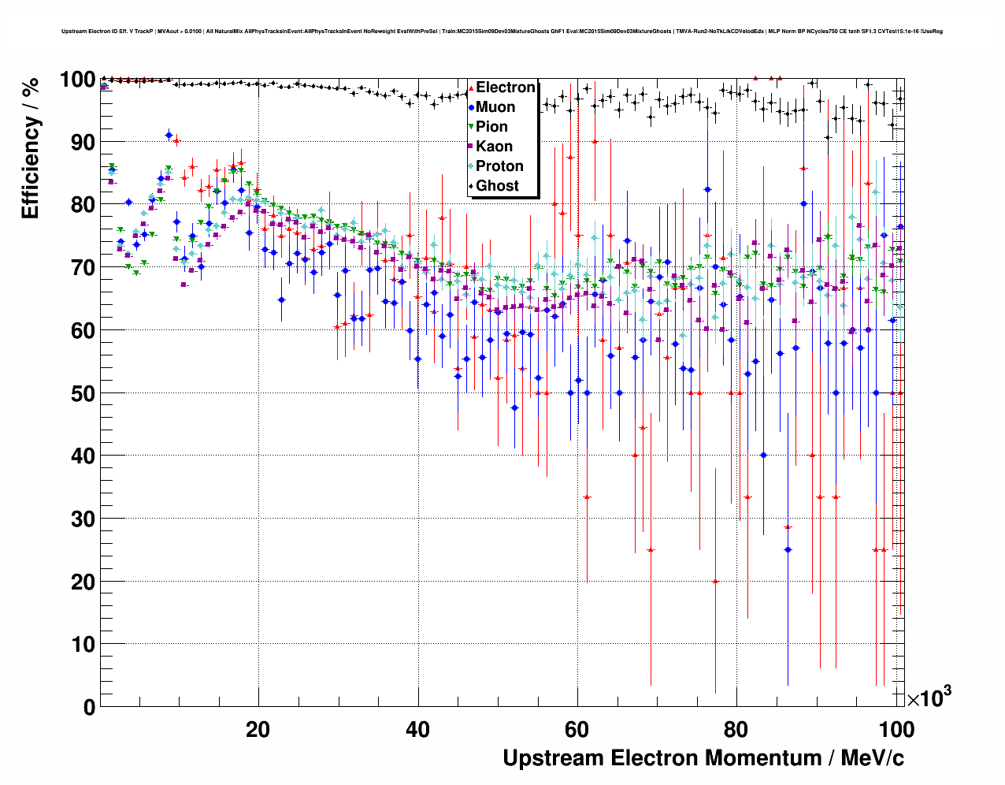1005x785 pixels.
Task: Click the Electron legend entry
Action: (505, 87)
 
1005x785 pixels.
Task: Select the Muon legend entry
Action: (495, 107)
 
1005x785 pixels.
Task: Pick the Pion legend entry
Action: (491, 127)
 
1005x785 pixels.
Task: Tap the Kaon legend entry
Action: (494, 147)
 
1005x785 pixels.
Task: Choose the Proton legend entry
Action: (499, 166)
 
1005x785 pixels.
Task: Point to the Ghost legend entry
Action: (497, 186)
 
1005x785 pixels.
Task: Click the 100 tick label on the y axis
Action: (77, 80)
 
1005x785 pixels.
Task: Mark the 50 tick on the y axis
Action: (83, 393)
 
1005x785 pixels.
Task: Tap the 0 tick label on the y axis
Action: (89, 708)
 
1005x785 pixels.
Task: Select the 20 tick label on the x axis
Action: (258, 730)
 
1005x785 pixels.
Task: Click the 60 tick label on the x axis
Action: (577, 730)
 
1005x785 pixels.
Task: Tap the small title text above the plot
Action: (502, 32)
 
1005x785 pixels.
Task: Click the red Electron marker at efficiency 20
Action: (715, 582)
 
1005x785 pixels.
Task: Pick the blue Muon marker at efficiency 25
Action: (788, 550)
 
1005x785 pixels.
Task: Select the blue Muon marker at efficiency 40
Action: (763, 456)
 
